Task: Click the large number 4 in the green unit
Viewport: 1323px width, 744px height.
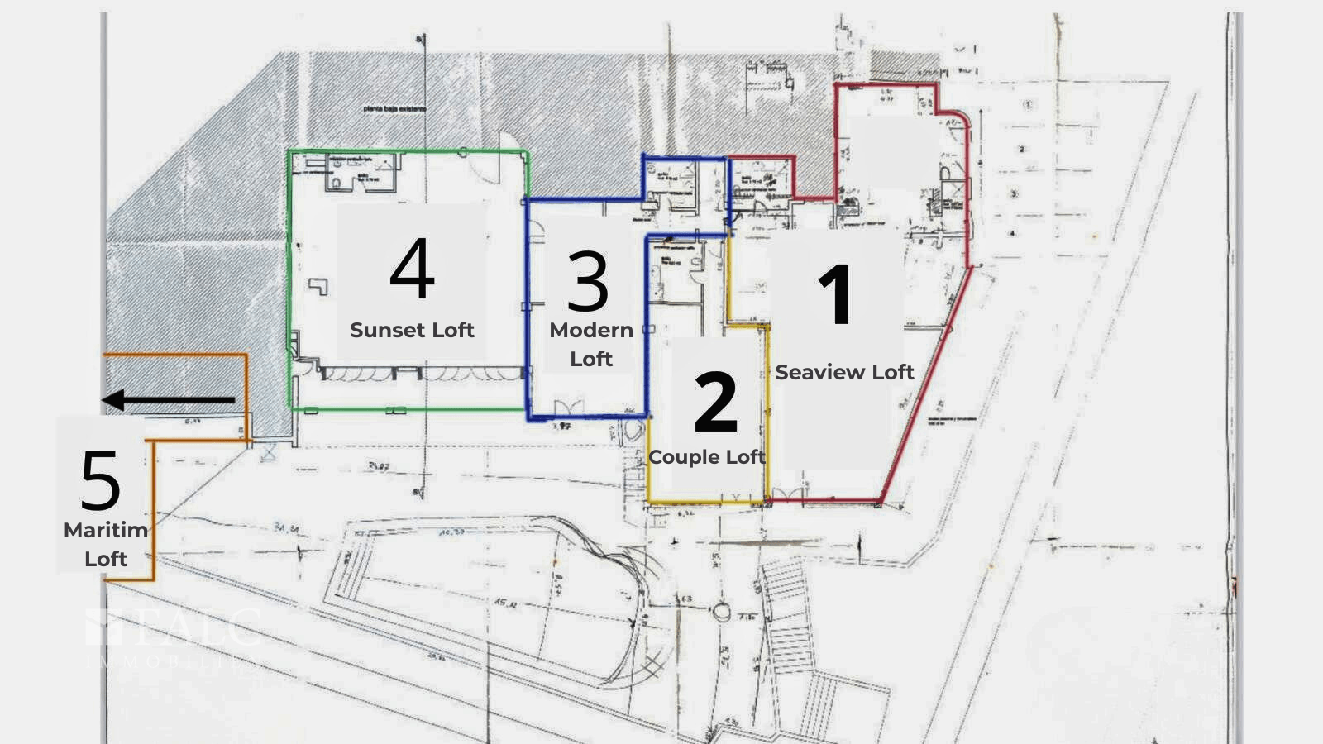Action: (x=412, y=268)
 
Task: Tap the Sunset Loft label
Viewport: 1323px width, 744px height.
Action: (x=412, y=330)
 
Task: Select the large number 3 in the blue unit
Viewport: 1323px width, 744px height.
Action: (x=588, y=281)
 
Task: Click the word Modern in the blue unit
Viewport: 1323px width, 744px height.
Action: (x=591, y=330)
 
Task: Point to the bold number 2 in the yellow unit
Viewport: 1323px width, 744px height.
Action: (x=715, y=402)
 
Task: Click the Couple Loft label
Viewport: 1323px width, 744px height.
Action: (x=707, y=457)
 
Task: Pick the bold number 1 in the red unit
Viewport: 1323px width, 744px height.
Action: (x=836, y=294)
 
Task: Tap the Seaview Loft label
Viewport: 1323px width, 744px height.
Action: (x=844, y=373)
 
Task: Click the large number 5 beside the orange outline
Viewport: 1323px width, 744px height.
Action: (x=100, y=480)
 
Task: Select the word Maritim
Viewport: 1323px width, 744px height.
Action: (x=106, y=530)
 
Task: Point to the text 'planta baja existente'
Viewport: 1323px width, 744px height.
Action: (x=394, y=108)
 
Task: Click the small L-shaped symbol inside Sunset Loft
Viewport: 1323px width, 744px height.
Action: (x=319, y=286)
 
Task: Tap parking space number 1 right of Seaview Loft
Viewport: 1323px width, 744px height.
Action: (x=1028, y=105)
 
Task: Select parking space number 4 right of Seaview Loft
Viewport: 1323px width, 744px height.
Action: (x=1012, y=234)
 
